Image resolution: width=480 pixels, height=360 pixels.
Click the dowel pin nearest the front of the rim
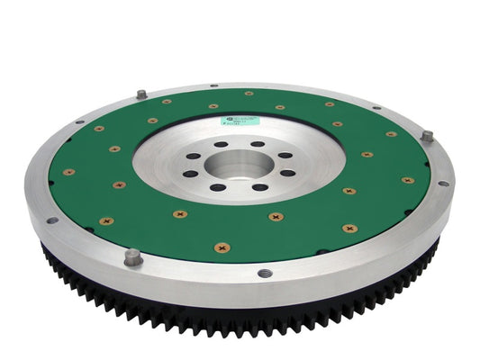[x=132, y=256]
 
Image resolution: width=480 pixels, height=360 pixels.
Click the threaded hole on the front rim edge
[x=264, y=273]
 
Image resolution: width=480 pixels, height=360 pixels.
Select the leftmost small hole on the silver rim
[x=51, y=220]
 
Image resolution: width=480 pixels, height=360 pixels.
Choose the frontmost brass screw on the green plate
[x=222, y=247]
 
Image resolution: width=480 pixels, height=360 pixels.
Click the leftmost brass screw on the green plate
[x=68, y=172]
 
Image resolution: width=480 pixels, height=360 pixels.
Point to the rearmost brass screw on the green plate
[x=249, y=93]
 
